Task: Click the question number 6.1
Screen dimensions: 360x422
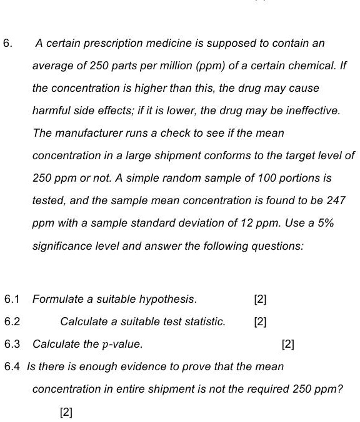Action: tap(12, 299)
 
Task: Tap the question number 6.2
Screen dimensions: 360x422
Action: tap(12, 321)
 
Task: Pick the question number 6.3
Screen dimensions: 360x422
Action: tap(12, 344)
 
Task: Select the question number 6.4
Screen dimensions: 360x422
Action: tap(12, 366)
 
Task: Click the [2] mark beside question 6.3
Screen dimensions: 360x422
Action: tap(288, 344)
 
